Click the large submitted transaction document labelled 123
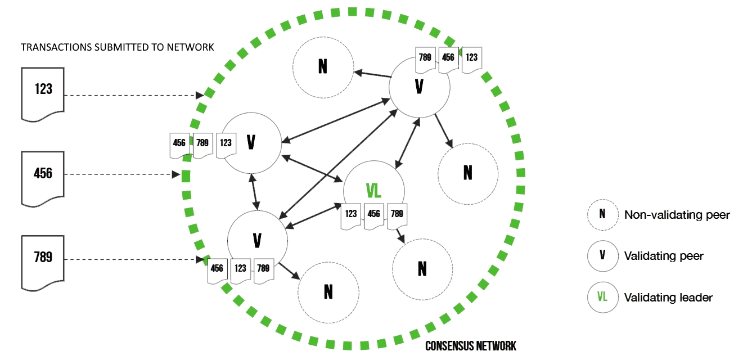(x=43, y=93)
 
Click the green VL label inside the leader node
(x=373, y=190)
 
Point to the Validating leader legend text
(x=668, y=298)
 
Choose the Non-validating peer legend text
(x=677, y=214)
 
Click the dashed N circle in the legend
(x=602, y=214)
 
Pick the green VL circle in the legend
(x=602, y=297)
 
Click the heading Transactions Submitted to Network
(x=117, y=47)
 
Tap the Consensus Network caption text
(x=470, y=345)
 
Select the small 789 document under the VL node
(x=397, y=215)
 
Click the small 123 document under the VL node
(x=351, y=215)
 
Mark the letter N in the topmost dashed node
(x=322, y=66)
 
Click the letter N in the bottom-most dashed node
(x=328, y=292)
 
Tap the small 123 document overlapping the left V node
(x=226, y=144)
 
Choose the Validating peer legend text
(x=664, y=256)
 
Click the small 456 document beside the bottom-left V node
(x=217, y=270)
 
